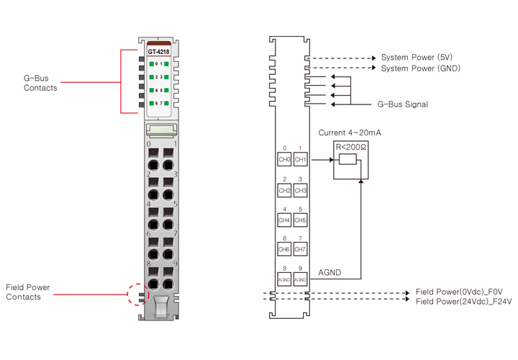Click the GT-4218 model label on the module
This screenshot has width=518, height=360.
point(159,52)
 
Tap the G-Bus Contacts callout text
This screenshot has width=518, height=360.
point(40,83)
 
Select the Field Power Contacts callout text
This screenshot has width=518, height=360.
point(28,292)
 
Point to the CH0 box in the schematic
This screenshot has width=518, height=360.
point(284,159)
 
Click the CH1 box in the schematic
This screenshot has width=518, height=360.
point(301,159)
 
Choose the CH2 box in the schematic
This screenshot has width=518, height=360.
point(284,190)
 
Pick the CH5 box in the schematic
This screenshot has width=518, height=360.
point(301,220)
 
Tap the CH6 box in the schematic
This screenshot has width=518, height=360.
point(284,249)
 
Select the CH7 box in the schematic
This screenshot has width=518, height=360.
point(301,249)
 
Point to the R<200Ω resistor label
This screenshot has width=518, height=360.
point(351,147)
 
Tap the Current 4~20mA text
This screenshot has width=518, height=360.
point(350,132)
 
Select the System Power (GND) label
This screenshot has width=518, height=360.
point(420,68)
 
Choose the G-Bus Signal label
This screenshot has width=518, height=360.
point(403,104)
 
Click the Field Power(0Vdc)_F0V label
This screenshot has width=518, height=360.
point(463,292)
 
